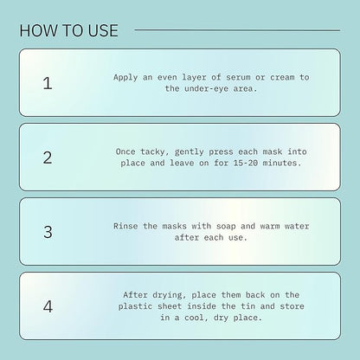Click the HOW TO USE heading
tap(69, 30)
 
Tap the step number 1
tap(48, 83)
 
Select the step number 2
tap(48, 157)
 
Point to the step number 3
tap(48, 232)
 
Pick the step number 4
tap(48, 306)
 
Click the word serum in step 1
tap(238, 77)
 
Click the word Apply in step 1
tap(125, 78)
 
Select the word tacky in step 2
tap(153, 152)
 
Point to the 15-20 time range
tap(246, 163)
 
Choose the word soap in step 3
tap(226, 227)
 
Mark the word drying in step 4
tap(170, 295)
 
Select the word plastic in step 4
tap(135, 306)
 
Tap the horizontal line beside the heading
tap(237, 29)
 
